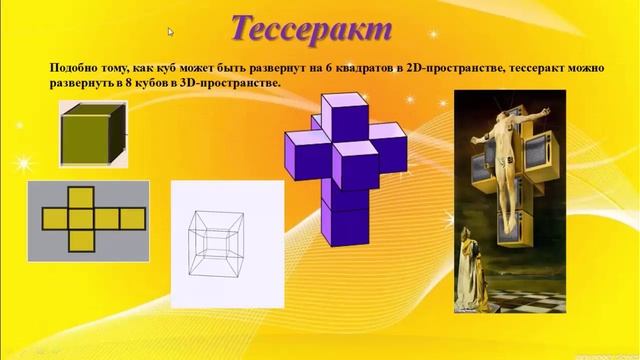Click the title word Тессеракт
point(311,30)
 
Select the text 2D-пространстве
point(446,68)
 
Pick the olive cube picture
point(91,137)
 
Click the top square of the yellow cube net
point(81,196)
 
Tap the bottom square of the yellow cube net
point(81,240)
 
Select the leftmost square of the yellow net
point(53,218)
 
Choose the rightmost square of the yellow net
point(133,218)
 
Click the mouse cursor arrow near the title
point(171,32)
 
